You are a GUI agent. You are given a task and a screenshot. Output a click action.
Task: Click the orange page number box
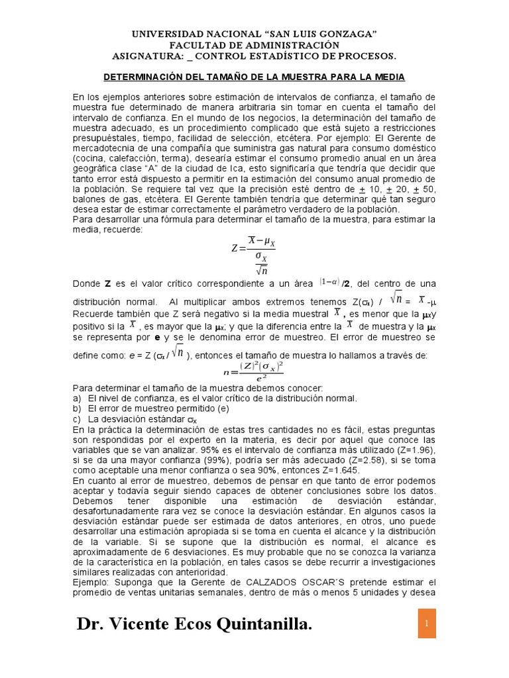tap(427, 624)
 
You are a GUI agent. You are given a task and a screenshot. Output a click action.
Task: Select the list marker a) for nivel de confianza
tap(77, 398)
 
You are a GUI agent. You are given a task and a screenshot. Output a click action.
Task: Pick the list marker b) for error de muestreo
tap(77, 409)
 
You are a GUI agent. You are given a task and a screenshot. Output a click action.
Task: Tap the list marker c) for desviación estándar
tap(77, 419)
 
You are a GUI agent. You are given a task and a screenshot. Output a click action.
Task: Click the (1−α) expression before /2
tap(329, 281)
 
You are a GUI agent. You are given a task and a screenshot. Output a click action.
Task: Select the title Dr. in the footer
tap(89, 625)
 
